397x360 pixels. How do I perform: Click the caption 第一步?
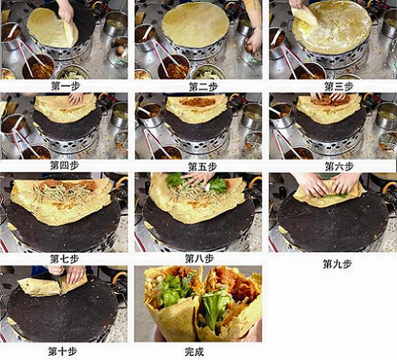tap(65, 86)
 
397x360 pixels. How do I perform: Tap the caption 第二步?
tap(203, 87)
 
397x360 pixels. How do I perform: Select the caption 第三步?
tap(339, 87)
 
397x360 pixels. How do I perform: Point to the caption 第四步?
tap(65, 166)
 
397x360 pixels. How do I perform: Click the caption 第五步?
tap(203, 167)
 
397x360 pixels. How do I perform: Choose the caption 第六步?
tap(339, 166)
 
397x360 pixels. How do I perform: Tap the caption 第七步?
tap(65, 259)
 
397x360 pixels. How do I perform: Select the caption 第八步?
tap(199, 259)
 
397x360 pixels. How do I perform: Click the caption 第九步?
tap(338, 264)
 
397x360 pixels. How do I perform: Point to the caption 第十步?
tap(63, 351)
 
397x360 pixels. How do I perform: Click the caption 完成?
tap(194, 352)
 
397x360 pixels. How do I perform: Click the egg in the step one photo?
tap(120, 50)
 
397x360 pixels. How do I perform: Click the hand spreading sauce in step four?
tap(75, 99)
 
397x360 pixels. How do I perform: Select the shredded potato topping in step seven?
tap(63, 194)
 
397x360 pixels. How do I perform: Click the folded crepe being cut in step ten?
tap(52, 286)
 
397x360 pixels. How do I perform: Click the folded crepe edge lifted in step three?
tap(304, 15)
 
